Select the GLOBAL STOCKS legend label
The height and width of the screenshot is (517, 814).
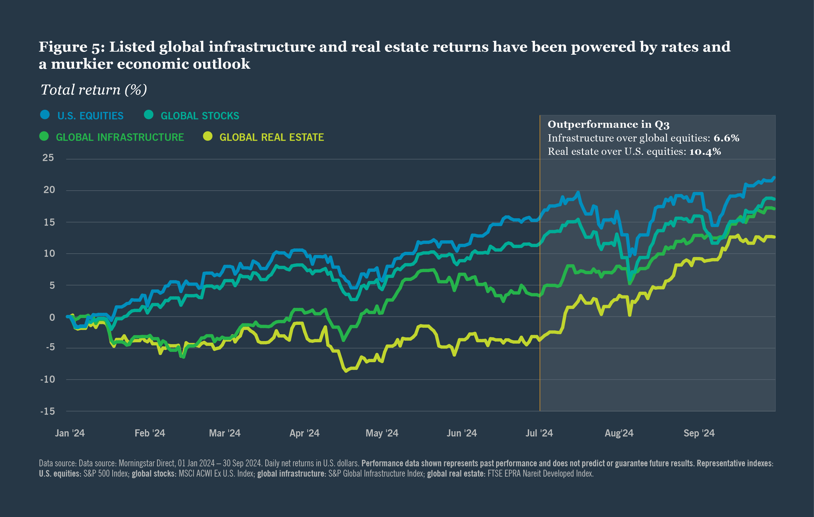coord(200,116)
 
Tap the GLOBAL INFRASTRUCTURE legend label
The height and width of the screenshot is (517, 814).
coord(120,137)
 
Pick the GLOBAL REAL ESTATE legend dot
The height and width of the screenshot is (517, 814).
coord(207,136)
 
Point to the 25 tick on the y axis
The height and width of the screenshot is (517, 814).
coord(48,158)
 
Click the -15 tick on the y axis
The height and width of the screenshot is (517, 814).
coord(48,411)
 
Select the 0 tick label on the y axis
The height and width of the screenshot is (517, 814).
coord(52,317)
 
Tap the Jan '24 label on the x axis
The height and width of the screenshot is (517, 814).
coord(70,433)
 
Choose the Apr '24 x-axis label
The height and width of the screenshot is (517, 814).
coord(304,433)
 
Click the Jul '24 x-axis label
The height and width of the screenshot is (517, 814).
coord(539,433)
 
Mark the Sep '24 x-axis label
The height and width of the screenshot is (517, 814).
coord(699,433)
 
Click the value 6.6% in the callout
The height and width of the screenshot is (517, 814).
coord(726,138)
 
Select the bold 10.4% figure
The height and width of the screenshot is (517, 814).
coord(705,152)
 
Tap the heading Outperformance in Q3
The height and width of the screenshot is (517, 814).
coord(608,124)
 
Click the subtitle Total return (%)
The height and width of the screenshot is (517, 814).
coord(94,90)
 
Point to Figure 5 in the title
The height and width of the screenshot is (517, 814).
coord(71,47)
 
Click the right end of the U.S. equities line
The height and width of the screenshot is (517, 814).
coord(774,178)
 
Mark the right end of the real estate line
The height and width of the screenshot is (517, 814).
coord(774,237)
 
